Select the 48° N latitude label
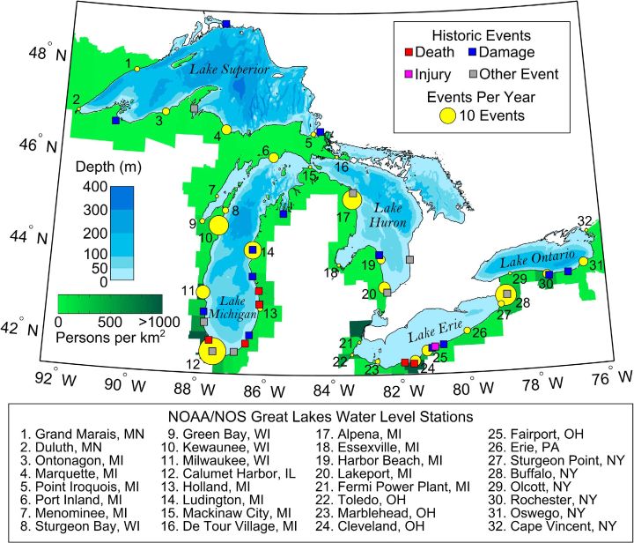pyautogui.click(x=47, y=53)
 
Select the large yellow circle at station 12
pyautogui.click(x=211, y=352)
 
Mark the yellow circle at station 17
pyautogui.click(x=351, y=200)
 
